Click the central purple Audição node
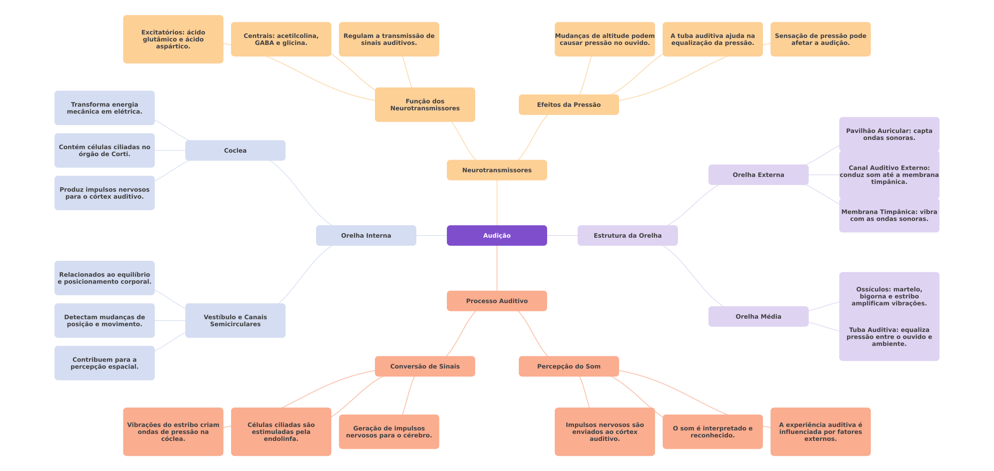pyautogui.click(x=497, y=235)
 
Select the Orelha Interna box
pyautogui.click(x=366, y=235)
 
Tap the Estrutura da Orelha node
pyautogui.click(x=627, y=235)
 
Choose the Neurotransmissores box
pyautogui.click(x=497, y=170)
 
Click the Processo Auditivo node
pyautogui.click(x=497, y=301)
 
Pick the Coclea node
pyautogui.click(x=235, y=150)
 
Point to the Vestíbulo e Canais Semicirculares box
pyautogui.click(x=235, y=321)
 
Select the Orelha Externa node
pyautogui.click(x=758, y=175)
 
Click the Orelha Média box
pyautogui.click(x=758, y=317)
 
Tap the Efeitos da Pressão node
pyautogui.click(x=568, y=105)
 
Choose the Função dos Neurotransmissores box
pyautogui.click(x=425, y=105)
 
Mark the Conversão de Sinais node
pyautogui.click(x=425, y=366)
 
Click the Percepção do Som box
pyautogui.click(x=568, y=366)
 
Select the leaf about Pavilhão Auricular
pyautogui.click(x=889, y=134)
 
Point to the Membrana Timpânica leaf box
pyautogui.click(x=889, y=215)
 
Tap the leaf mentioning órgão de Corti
pyautogui.click(x=104, y=150)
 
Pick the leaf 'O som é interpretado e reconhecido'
pyautogui.click(x=712, y=432)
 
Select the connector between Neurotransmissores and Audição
pyautogui.click(x=497, y=203)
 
